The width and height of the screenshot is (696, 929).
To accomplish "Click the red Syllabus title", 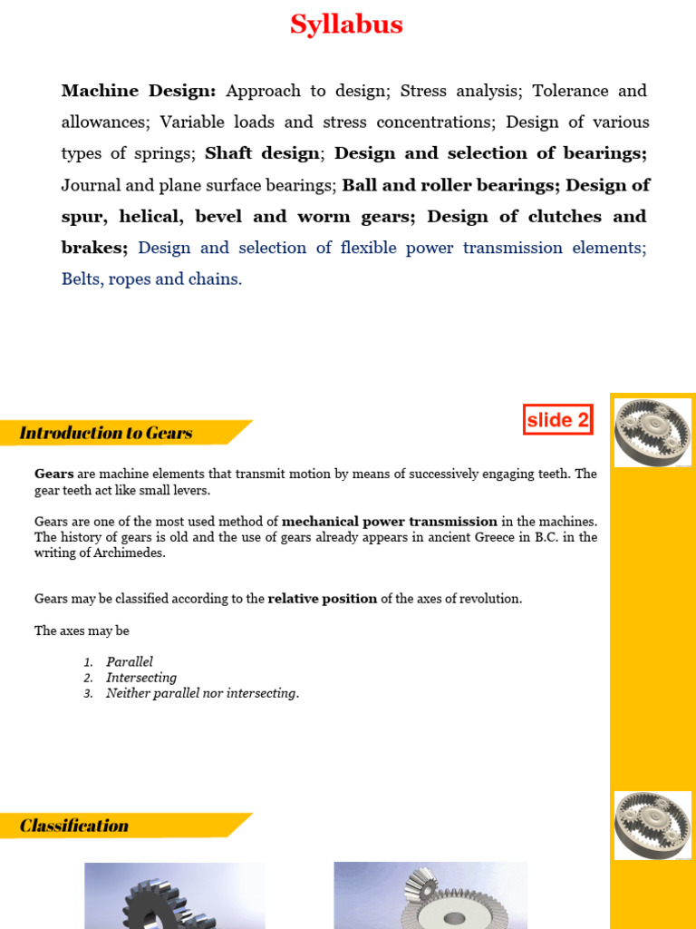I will coord(346,24).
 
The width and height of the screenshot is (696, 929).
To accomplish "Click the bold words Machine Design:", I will coord(139,91).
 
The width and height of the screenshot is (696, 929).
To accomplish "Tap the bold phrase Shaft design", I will coord(263,153).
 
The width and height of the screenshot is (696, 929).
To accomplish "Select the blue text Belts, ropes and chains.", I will coord(151,279).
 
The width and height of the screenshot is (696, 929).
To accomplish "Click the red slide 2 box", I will coord(557,419).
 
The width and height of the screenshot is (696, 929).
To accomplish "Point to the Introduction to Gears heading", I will coord(106,433).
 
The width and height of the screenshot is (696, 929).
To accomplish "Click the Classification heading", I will coord(74,826).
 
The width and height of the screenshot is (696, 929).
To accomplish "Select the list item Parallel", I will coord(130,662).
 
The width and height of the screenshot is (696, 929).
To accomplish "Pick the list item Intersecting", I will coord(141,678).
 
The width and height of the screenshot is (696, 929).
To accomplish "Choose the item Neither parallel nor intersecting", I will coord(202,693).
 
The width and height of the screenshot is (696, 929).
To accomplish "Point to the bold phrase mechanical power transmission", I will coord(390,522).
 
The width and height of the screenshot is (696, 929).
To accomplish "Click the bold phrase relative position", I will coord(322,599).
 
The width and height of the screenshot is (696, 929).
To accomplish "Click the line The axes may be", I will coord(82,631).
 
